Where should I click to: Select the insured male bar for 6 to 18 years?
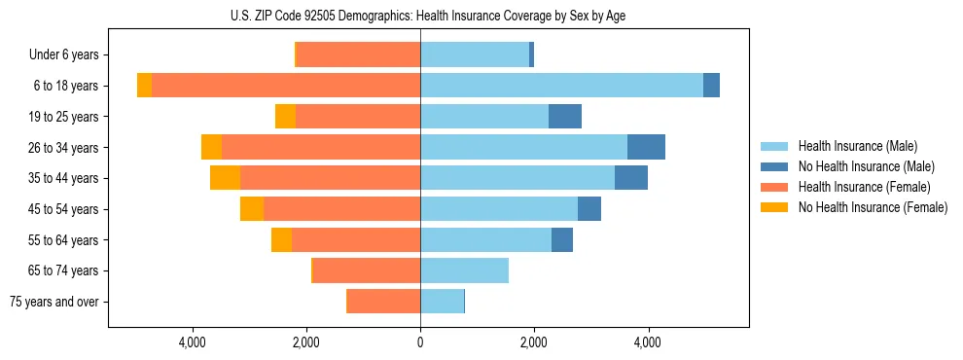click(x=561, y=86)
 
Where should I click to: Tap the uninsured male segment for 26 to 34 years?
click(x=646, y=147)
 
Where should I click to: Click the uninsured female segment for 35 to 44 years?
click(x=225, y=178)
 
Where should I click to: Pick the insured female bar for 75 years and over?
click(x=383, y=302)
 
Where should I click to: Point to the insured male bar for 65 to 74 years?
click(x=464, y=270)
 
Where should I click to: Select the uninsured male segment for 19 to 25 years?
click(x=565, y=117)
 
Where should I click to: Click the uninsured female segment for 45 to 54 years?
click(x=252, y=209)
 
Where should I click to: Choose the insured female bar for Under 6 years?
click(x=358, y=54)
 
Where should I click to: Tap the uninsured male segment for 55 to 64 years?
click(x=562, y=240)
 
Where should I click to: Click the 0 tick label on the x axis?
click(x=420, y=342)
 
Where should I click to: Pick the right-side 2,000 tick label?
click(x=533, y=342)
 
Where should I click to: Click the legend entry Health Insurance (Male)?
click(x=857, y=146)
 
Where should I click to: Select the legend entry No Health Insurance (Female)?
click(x=873, y=207)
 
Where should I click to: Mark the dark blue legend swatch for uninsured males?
click(x=774, y=166)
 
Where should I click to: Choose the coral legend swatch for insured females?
click(x=774, y=187)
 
